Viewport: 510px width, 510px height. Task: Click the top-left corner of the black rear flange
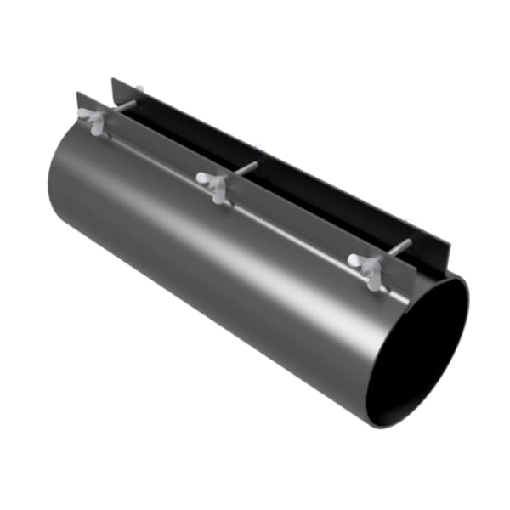113,80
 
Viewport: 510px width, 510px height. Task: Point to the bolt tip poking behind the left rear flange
139,88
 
